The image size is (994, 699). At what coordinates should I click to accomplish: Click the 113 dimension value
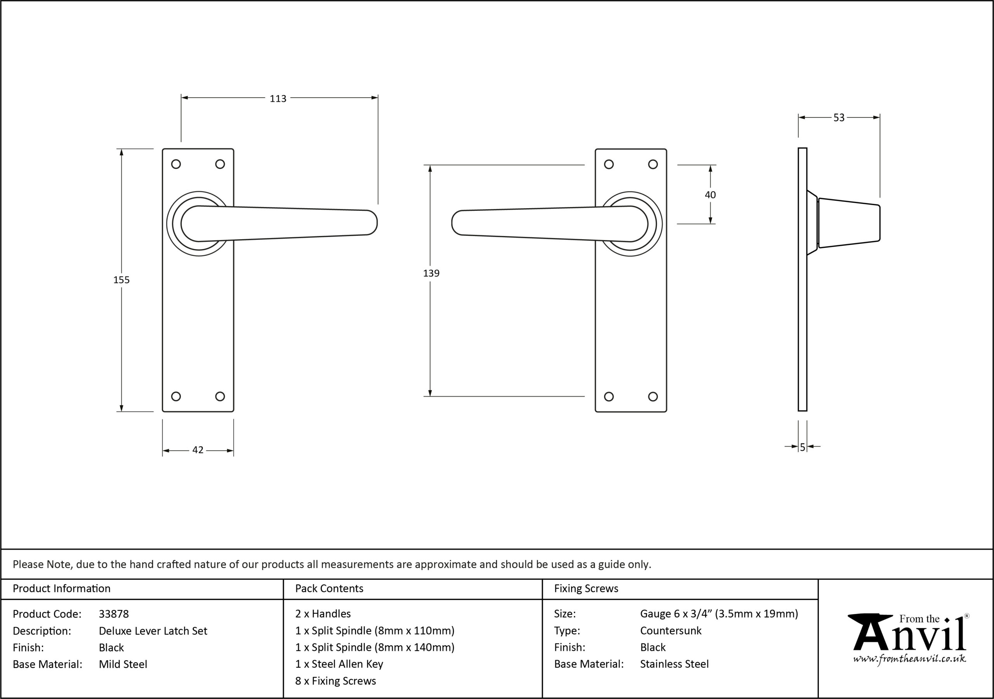pyautogui.click(x=278, y=99)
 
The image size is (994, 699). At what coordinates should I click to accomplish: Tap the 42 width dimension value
pyautogui.click(x=198, y=450)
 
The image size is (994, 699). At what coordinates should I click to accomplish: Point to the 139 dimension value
pyautogui.click(x=431, y=273)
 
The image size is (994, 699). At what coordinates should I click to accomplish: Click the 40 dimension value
pyautogui.click(x=711, y=195)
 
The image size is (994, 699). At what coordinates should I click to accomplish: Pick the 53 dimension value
pyautogui.click(x=839, y=118)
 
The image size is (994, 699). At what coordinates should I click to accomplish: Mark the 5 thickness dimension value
pyautogui.click(x=803, y=447)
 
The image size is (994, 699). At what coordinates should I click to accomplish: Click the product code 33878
pyautogui.click(x=114, y=614)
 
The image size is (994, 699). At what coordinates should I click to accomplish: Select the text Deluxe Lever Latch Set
pyautogui.click(x=153, y=631)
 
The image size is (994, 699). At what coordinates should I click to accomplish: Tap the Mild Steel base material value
pyautogui.click(x=123, y=664)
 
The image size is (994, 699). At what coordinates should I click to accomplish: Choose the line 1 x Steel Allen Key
pyautogui.click(x=339, y=664)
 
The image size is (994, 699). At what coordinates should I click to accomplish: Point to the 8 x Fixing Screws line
pyautogui.click(x=335, y=681)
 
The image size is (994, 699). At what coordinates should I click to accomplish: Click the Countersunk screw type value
pyautogui.click(x=671, y=631)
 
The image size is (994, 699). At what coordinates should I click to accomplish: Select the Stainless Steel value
pyautogui.click(x=674, y=664)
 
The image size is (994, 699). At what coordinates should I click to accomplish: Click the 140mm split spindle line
pyautogui.click(x=375, y=647)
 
